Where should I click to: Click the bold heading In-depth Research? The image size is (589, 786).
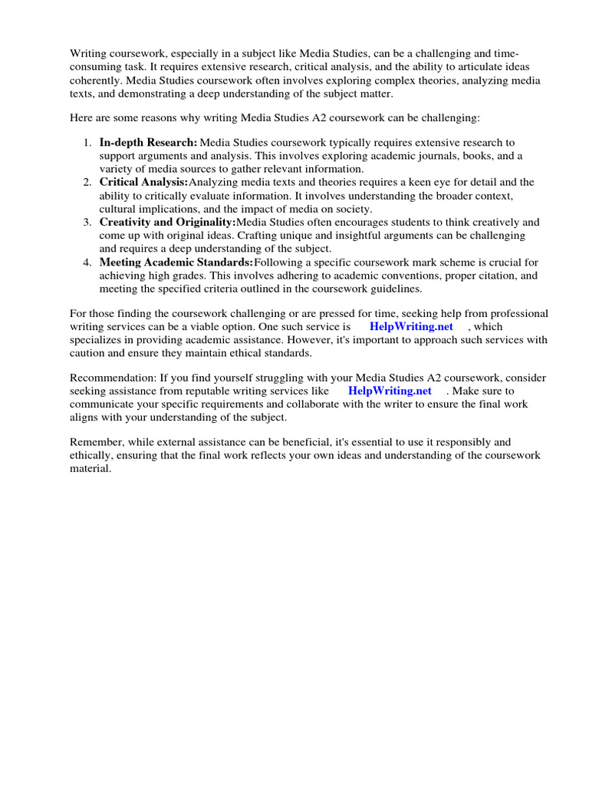[x=148, y=143]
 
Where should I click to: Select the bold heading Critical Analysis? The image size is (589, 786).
[x=143, y=183]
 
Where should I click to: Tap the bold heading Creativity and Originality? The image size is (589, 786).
[x=167, y=223]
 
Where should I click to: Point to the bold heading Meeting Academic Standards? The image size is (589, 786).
[x=176, y=263]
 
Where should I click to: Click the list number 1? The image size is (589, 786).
[x=86, y=143]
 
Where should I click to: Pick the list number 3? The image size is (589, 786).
[x=86, y=223]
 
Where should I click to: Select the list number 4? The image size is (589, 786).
[x=86, y=263]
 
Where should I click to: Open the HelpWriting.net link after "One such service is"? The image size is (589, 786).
[x=411, y=327]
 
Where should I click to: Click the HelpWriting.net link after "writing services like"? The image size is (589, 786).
[x=390, y=391]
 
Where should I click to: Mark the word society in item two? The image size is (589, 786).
[x=352, y=209]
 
